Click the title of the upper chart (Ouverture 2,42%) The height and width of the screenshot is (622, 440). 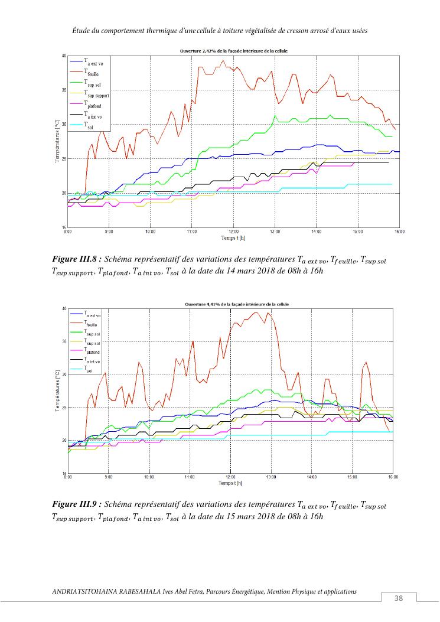(x=234, y=52)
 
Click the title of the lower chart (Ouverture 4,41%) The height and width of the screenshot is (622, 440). (x=234, y=305)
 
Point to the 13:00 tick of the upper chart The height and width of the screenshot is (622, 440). (x=274, y=232)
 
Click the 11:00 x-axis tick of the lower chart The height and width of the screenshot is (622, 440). (x=190, y=476)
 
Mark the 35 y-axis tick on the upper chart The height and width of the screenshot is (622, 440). (x=64, y=90)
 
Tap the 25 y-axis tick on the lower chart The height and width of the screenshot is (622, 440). (x=64, y=408)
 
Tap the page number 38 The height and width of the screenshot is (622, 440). (x=399, y=598)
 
